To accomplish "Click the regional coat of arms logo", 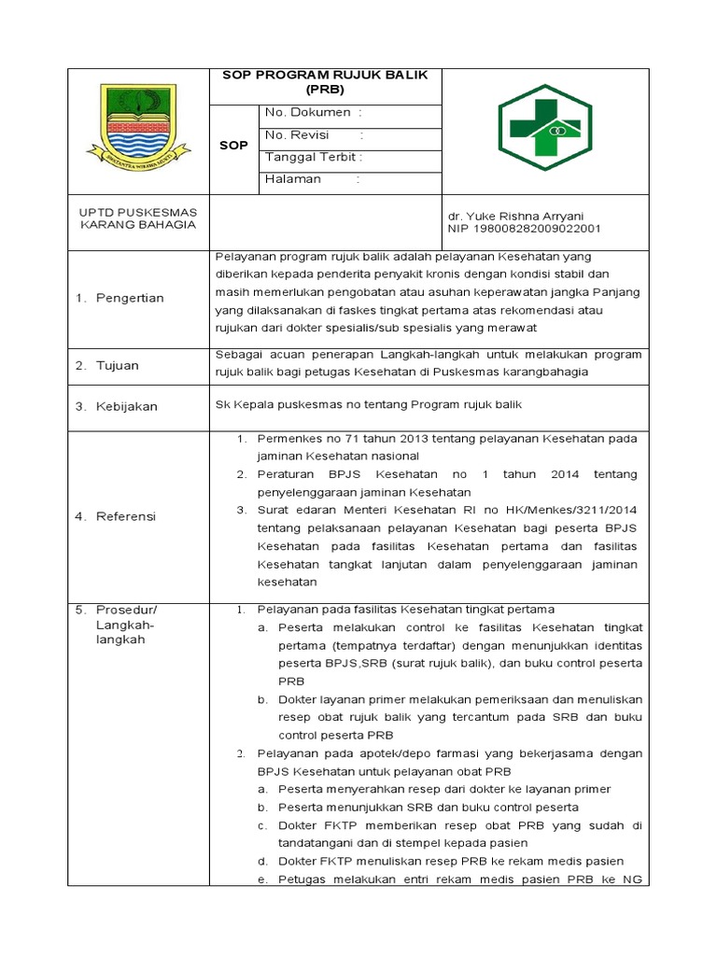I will pos(137,127).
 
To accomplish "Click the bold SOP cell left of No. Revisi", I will pos(233,146).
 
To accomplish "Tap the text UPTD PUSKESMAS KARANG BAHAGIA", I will pos(137,218).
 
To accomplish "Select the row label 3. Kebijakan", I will pos(117,406).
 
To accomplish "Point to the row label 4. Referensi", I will pos(116,516).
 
